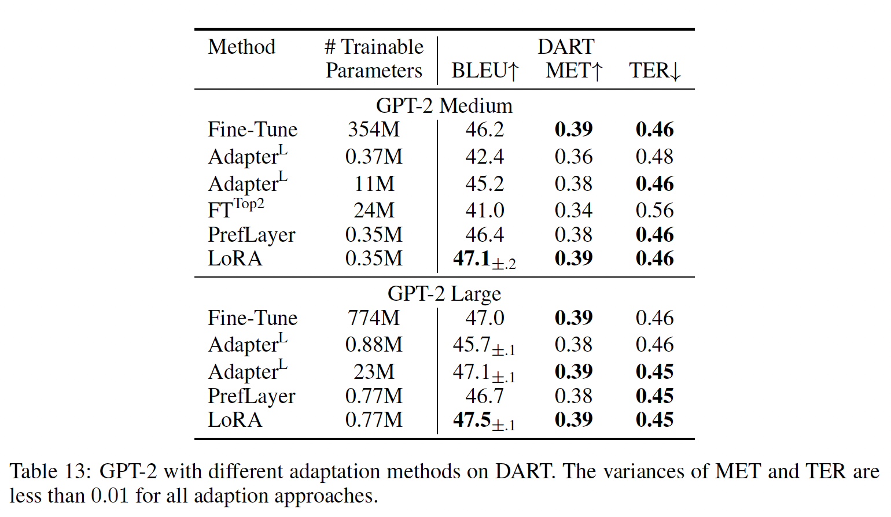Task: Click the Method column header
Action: pos(241,47)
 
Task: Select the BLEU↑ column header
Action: pos(485,71)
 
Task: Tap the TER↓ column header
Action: pos(655,71)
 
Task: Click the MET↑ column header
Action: pos(574,71)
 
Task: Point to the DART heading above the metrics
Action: pos(566,46)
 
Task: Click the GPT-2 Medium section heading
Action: pos(444,106)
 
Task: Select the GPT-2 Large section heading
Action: pos(444,294)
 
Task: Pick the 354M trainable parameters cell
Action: pos(374,129)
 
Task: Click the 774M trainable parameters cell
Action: pos(374,317)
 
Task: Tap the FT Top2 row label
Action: pos(235,209)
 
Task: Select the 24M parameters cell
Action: pos(374,210)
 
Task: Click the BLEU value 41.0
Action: pos(485,210)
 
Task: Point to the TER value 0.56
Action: pos(654,210)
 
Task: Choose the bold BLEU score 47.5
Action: pos(472,420)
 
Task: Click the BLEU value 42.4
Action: pos(485,156)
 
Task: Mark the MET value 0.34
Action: pos(573,210)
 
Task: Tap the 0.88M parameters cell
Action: pos(374,345)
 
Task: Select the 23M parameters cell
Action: pos(374,371)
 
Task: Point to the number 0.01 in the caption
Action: pos(109,496)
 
